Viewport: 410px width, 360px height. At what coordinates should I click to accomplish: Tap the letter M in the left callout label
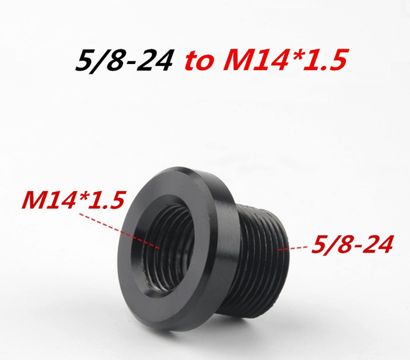(x=35, y=202)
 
